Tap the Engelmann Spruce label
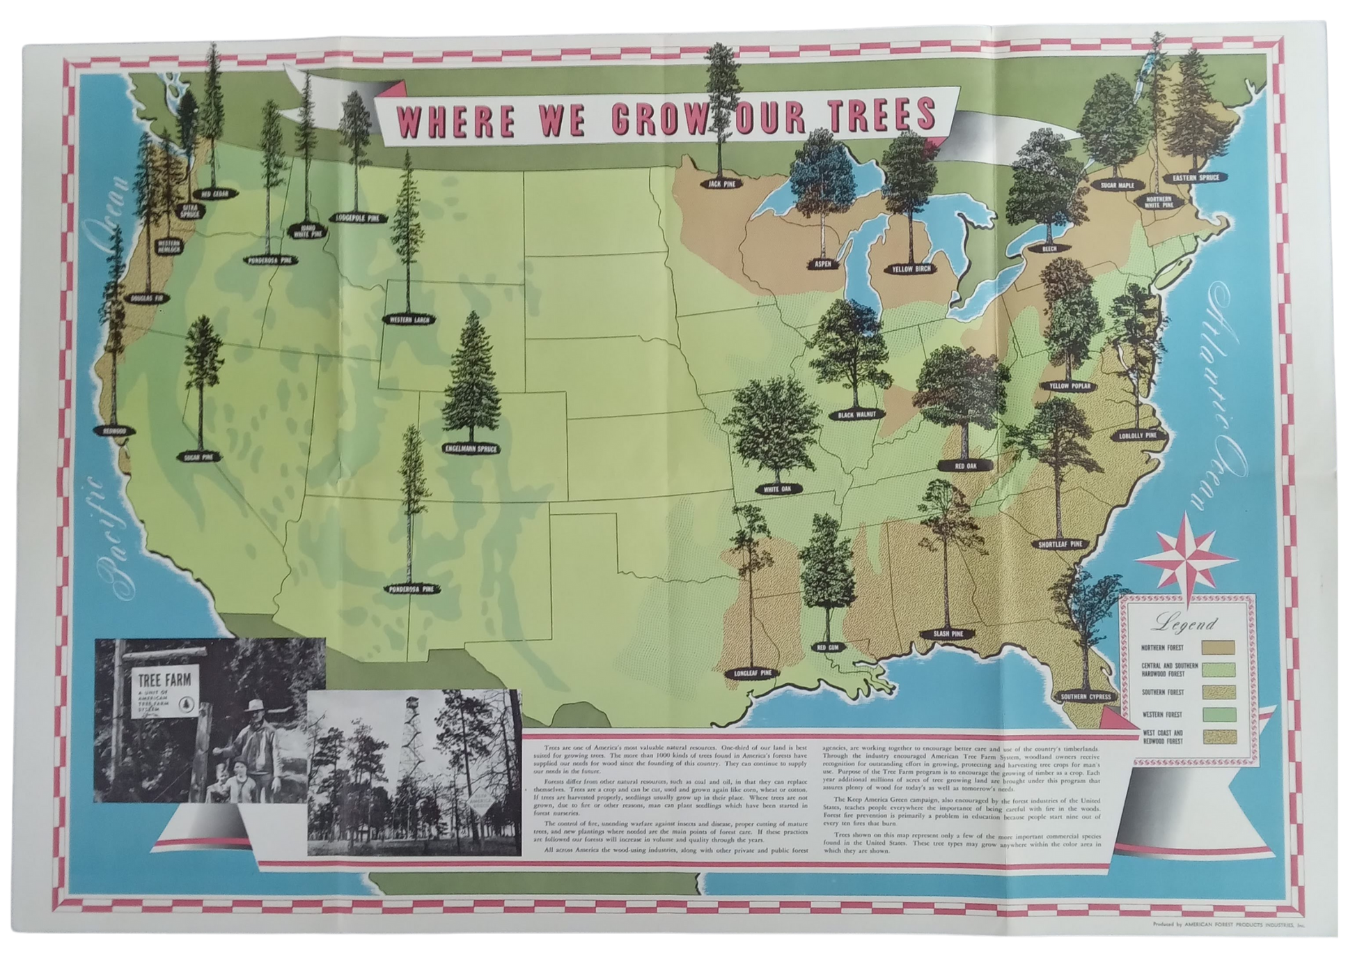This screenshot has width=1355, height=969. click(x=471, y=449)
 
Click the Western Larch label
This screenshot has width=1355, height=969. click(x=409, y=320)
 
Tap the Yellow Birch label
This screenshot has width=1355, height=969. click(x=911, y=269)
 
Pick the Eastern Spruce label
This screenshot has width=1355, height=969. click(x=1196, y=178)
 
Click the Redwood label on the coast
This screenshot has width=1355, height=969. click(x=113, y=431)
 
